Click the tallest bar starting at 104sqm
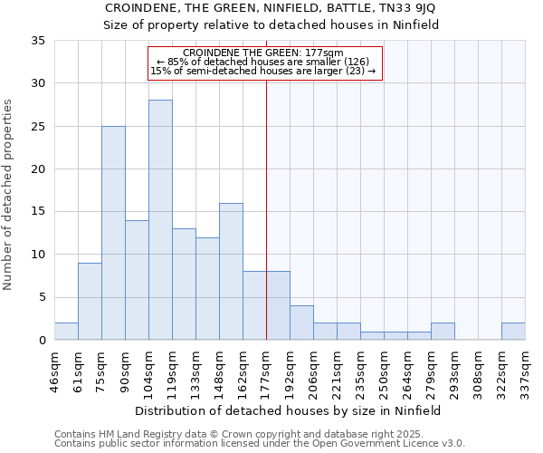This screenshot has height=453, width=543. point(160,220)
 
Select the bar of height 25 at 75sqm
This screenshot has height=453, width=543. point(113,233)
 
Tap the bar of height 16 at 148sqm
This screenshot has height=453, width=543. point(231,272)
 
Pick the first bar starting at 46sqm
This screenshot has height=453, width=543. point(66,332)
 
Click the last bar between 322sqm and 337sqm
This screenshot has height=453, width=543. point(513,332)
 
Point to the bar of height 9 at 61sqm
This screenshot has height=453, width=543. point(90,302)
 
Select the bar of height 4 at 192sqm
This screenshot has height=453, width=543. point(301,323)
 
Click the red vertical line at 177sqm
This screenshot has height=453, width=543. point(266,181)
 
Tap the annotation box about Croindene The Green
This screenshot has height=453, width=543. point(264,62)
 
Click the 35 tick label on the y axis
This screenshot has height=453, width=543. point(38,41)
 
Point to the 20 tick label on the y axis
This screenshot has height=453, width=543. point(38,169)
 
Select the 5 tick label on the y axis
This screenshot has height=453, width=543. point(42,298)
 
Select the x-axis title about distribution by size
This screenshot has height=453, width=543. point(290,410)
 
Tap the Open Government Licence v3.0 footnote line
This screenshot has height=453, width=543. point(260,444)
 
